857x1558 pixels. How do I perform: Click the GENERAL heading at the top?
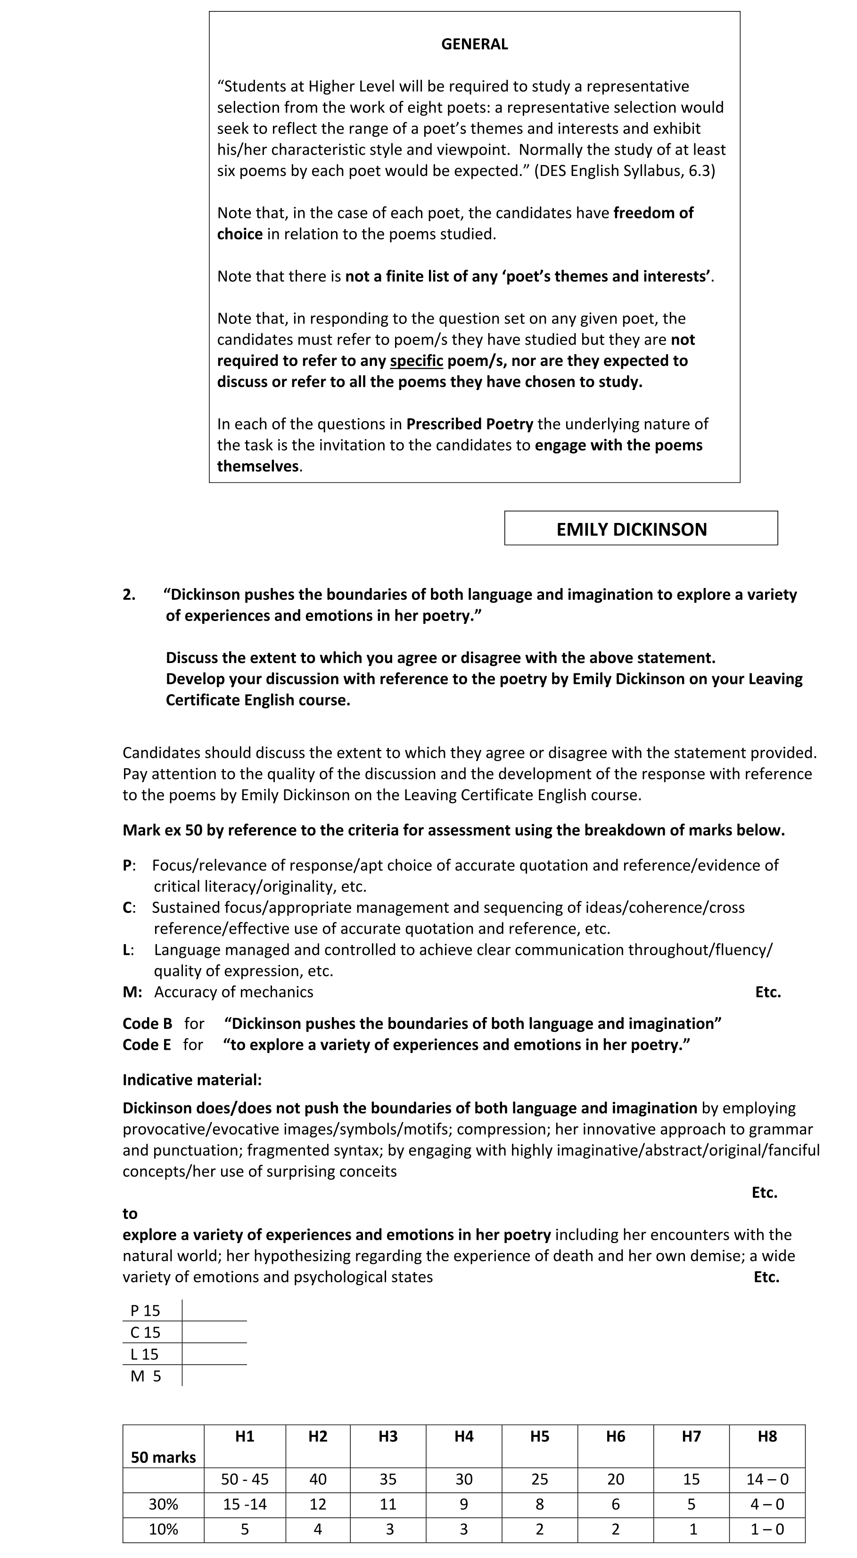point(474,44)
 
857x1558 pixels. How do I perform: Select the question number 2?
point(129,595)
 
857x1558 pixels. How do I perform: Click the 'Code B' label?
point(147,1024)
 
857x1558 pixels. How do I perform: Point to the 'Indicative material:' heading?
point(192,1080)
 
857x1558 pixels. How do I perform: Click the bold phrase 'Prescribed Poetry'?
point(470,424)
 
